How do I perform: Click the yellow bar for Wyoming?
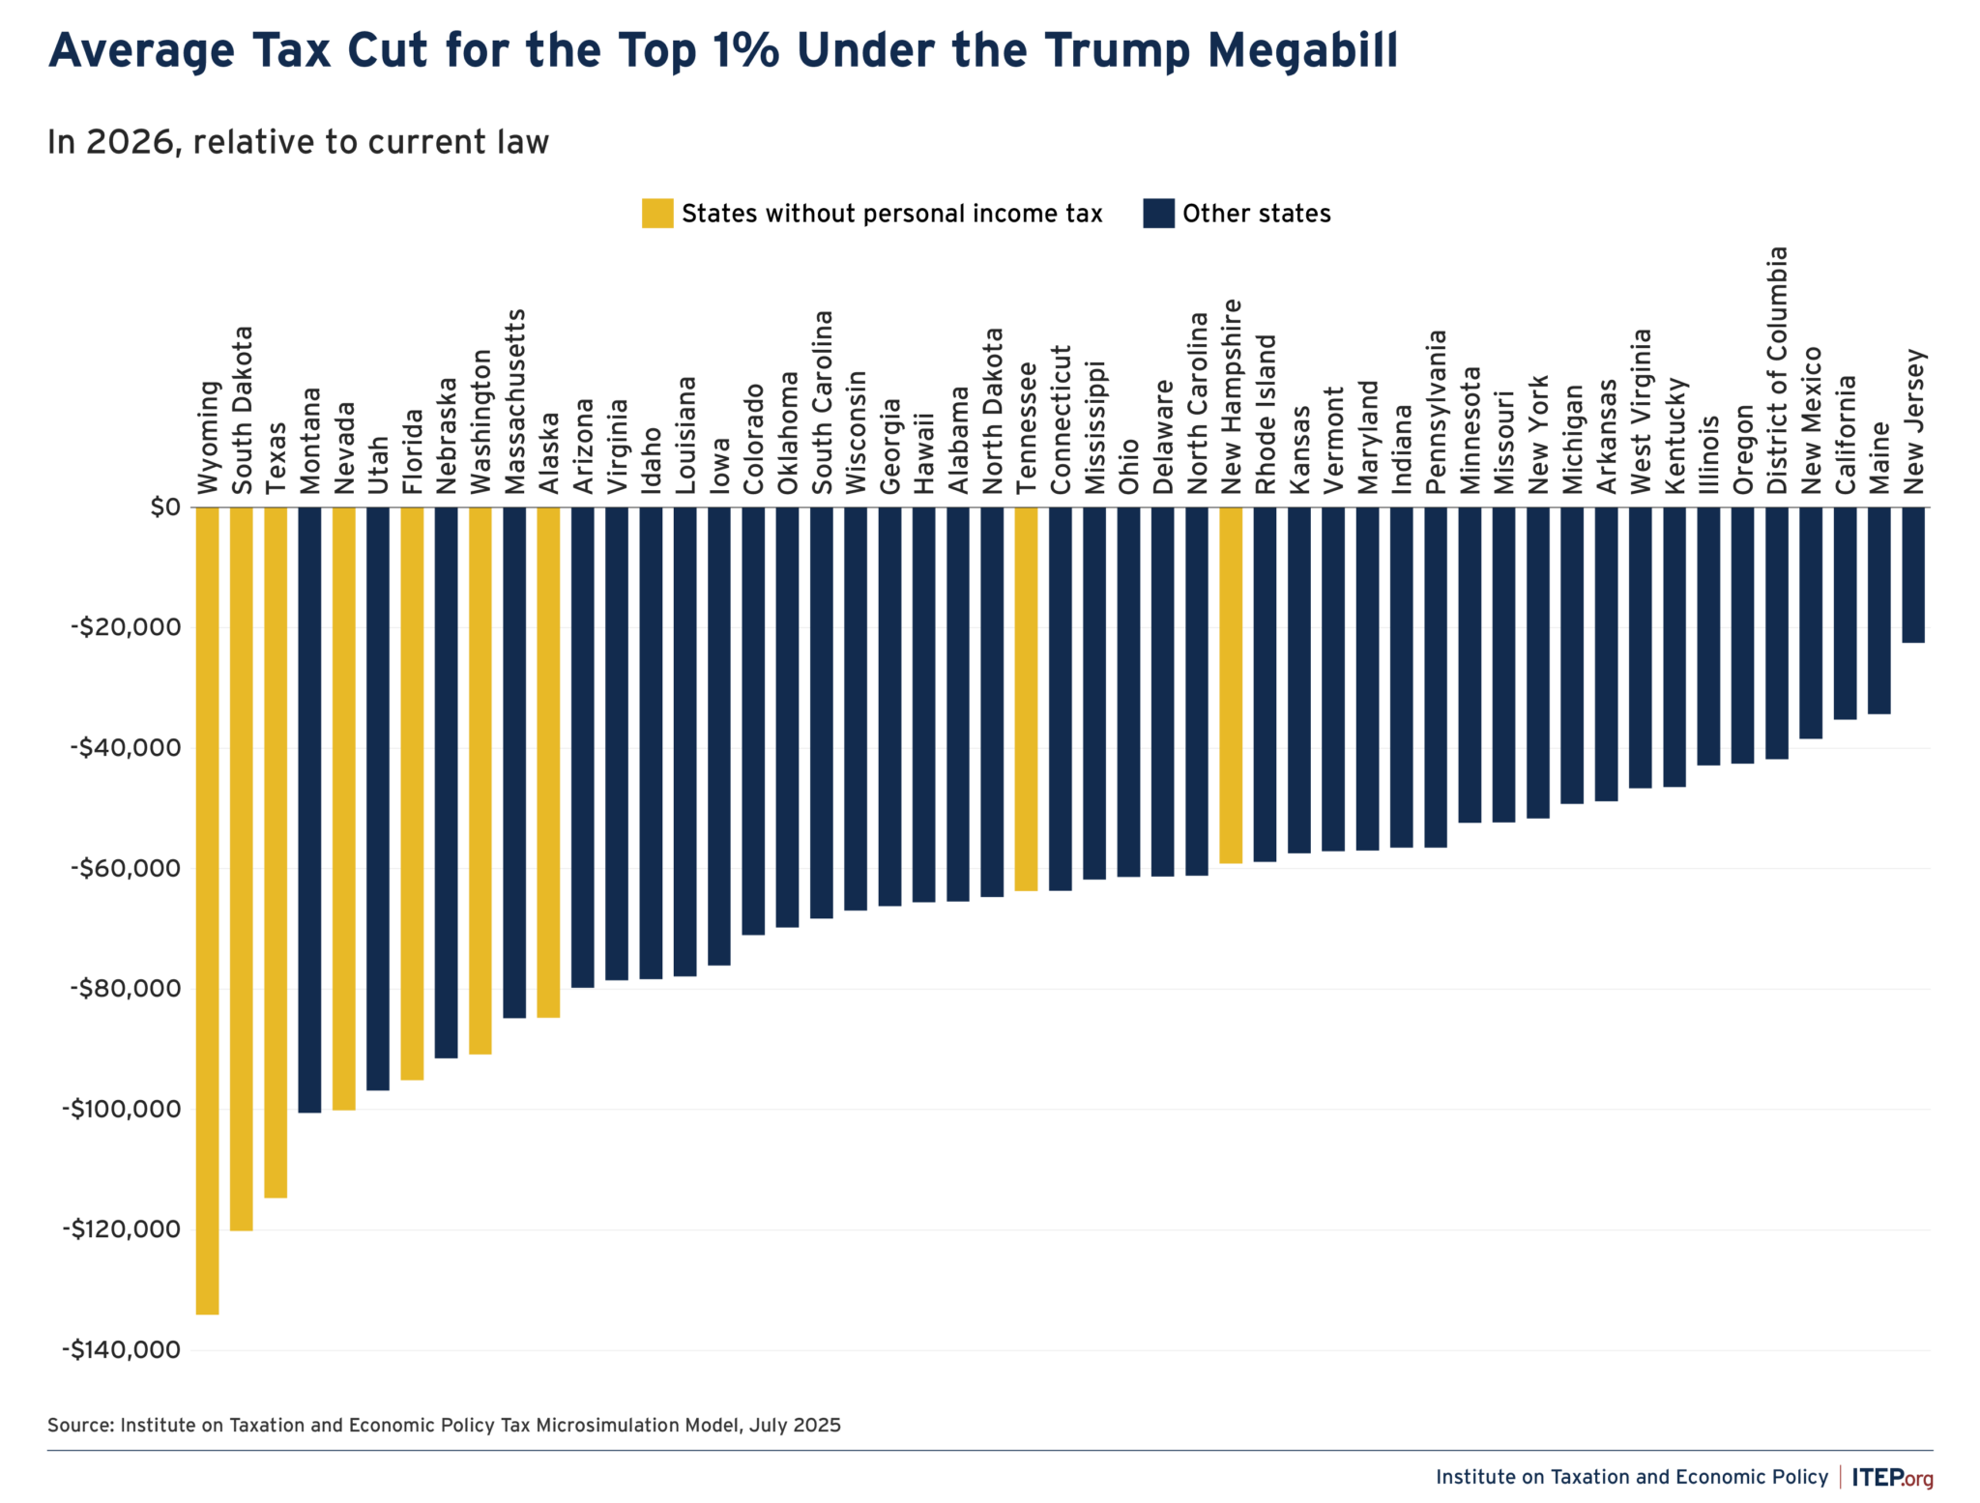click(207, 909)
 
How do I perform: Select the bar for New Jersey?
click(1912, 574)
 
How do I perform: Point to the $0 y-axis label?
click(164, 506)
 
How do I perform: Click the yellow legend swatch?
click(657, 214)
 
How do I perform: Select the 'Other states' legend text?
click(1256, 214)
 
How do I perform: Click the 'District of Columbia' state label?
click(1778, 370)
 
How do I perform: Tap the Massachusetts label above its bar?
click(515, 400)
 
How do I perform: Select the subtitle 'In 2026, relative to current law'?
click(298, 142)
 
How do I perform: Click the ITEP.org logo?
click(1892, 1477)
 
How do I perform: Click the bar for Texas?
click(276, 852)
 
